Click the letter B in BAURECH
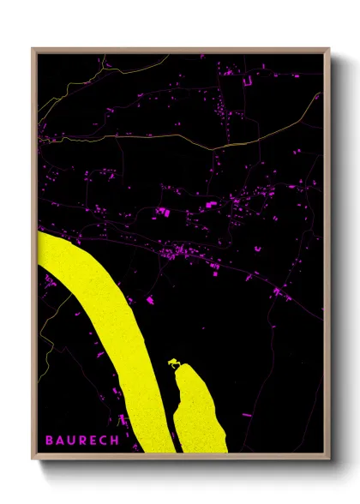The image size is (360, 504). [x=49, y=441]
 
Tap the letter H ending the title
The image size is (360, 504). [x=114, y=441]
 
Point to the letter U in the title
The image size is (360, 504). [x=71, y=441]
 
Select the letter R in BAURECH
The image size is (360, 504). [x=82, y=441]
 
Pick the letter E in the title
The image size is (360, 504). [x=93, y=441]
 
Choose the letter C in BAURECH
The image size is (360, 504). [x=103, y=441]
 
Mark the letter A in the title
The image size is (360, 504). [x=60, y=441]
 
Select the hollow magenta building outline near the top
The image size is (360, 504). [x=249, y=80]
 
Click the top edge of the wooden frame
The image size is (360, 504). [x=180, y=50]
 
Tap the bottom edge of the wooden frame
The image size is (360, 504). [x=180, y=457]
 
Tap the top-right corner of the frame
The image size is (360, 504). [x=327, y=49]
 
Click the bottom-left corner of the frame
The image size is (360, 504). [x=33, y=457]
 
